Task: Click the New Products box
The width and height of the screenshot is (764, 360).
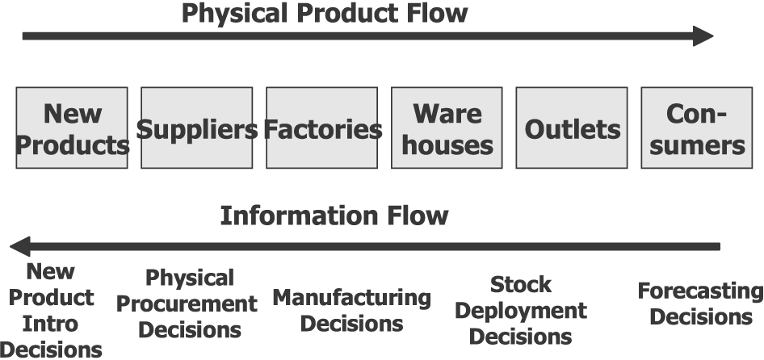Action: click(72, 128)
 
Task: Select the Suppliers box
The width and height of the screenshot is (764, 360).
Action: click(196, 128)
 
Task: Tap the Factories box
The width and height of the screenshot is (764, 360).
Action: click(322, 128)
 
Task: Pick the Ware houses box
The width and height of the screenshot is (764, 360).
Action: click(447, 128)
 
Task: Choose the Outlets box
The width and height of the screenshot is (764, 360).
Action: click(572, 128)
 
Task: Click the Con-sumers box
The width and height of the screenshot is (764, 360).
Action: click(696, 128)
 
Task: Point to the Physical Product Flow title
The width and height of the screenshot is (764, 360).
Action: click(324, 14)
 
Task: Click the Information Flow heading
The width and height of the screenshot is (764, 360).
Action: click(334, 216)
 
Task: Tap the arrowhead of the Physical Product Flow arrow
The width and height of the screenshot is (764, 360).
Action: click(703, 36)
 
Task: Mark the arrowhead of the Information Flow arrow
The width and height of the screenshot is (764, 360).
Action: click(20, 245)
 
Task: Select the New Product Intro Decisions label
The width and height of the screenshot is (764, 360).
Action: click(51, 311)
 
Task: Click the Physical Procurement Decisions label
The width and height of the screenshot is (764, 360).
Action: click(190, 303)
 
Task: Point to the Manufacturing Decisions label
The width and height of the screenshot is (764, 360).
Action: click(351, 311)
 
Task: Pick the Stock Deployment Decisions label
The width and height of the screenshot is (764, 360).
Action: click(521, 311)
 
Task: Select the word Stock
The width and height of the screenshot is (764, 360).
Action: click(521, 285)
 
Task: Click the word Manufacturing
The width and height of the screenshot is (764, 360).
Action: click(351, 298)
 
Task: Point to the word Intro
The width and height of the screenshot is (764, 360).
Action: click(51, 324)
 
